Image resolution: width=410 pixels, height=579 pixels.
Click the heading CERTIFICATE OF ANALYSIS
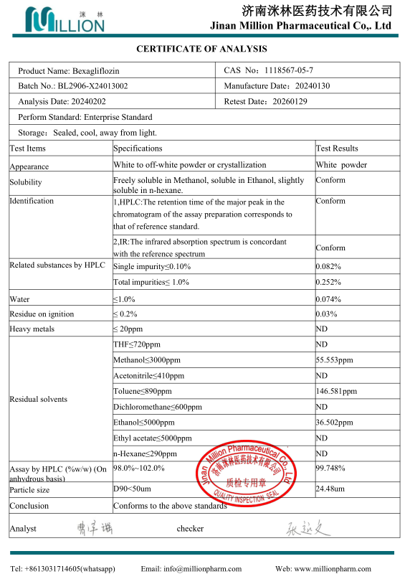tap(201, 49)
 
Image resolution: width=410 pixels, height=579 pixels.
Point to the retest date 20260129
tap(290, 102)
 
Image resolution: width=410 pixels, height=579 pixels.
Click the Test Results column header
tap(337, 149)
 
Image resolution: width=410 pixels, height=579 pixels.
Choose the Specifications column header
tap(138, 149)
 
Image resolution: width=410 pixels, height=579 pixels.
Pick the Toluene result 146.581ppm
tap(336, 392)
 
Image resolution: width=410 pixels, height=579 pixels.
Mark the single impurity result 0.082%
tap(328, 267)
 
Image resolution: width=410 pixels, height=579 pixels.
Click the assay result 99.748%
tap(330, 468)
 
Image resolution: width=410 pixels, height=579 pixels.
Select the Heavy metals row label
tap(32, 329)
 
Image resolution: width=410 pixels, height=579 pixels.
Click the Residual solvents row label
tap(38, 399)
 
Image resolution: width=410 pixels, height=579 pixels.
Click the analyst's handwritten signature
tap(91, 529)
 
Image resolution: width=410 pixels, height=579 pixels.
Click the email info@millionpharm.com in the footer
tap(191, 569)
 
